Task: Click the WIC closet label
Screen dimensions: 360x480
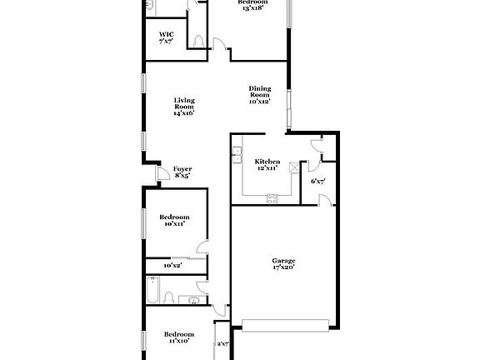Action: click(x=167, y=37)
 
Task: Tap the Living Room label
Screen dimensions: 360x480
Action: click(x=184, y=106)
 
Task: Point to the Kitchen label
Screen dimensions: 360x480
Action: click(x=267, y=164)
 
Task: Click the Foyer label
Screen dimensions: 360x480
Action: click(x=182, y=172)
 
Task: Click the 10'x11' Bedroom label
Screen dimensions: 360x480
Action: click(x=173, y=220)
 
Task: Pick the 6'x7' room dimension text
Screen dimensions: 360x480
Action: click(x=317, y=181)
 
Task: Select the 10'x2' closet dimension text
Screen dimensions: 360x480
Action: click(x=172, y=265)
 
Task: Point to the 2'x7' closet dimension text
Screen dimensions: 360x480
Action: click(x=222, y=343)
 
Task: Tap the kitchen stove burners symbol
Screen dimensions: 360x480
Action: click(x=272, y=197)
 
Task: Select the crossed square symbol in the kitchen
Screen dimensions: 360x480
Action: click(x=293, y=165)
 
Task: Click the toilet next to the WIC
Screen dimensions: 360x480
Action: click(x=197, y=40)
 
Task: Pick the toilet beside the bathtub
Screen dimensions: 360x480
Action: click(x=169, y=297)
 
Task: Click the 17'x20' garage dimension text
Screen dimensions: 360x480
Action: click(x=283, y=269)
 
